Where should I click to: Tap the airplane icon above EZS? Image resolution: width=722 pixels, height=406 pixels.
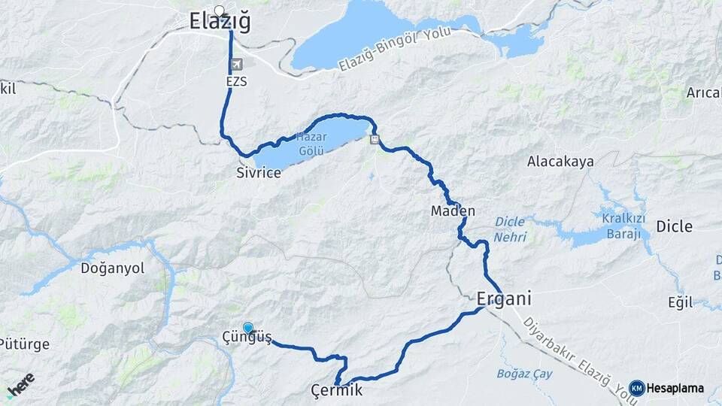pos(238,65)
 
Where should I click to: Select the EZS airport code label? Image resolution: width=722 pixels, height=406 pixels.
pos(236,80)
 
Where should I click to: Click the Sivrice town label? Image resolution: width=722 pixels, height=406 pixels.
pos(258,173)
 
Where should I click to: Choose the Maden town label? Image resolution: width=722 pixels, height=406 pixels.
pos(453,211)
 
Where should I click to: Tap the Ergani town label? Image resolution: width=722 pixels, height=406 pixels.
pos(504,298)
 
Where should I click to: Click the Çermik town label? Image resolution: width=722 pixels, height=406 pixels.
pos(337,390)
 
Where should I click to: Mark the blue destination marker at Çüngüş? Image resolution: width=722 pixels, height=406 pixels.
pos(247,327)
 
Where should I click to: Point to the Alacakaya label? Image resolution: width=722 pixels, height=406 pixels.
pos(560,162)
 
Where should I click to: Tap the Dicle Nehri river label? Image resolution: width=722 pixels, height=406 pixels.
pos(511,229)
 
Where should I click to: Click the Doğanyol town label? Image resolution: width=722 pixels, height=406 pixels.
pos(112,268)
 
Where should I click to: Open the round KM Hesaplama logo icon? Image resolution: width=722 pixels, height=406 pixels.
pos(636,388)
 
